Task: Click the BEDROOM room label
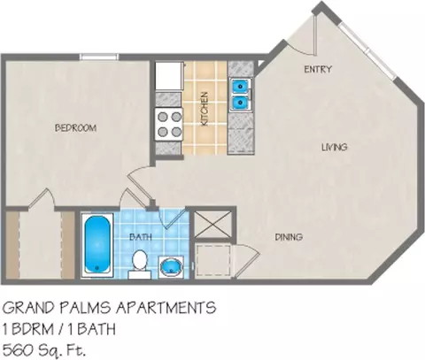pos(76,128)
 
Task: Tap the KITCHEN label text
pos(205,109)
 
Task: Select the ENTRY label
pos(318,69)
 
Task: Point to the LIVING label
pos(335,147)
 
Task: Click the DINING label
pos(289,237)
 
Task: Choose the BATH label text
pos(141,237)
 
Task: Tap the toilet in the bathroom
pos(140,264)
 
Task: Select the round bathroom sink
pos(171,266)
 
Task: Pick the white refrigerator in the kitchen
pos(169,76)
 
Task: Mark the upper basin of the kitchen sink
pos(240,87)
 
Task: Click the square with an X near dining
pos(212,224)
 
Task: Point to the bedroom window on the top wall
pos(98,57)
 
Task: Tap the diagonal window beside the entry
pos(367,50)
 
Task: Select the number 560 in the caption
pos(19,350)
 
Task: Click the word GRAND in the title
pos(29,308)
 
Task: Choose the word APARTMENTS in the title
pos(166,308)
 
